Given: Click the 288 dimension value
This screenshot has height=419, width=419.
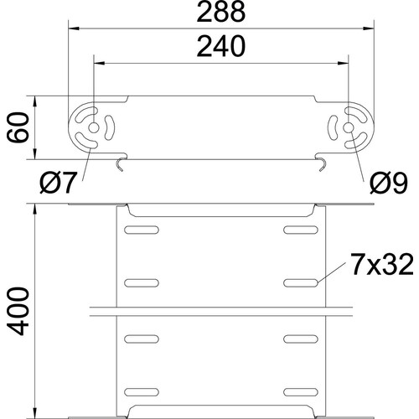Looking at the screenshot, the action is [x=221, y=12].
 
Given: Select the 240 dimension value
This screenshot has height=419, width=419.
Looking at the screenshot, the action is [x=221, y=47].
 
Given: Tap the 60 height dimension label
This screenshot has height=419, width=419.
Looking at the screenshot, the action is [x=18, y=127].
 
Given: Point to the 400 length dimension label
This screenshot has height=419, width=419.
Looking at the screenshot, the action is [x=18, y=311].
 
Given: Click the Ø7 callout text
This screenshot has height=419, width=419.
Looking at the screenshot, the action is [x=58, y=183].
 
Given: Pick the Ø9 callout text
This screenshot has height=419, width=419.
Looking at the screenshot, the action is [x=389, y=183].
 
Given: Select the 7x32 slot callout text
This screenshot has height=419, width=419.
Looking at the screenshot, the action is [x=382, y=265].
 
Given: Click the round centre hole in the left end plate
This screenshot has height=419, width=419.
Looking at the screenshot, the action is [x=94, y=128].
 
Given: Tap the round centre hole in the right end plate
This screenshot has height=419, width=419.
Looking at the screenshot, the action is [x=348, y=128].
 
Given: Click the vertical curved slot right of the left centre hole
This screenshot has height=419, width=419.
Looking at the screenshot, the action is [x=111, y=128].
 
